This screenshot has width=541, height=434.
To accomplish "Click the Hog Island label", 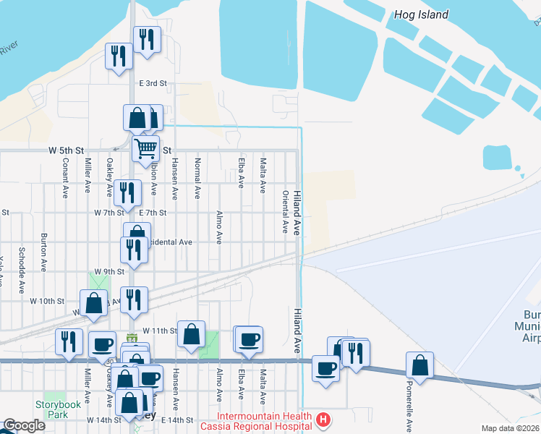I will (x=421, y=14).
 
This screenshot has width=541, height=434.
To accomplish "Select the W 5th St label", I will (x=67, y=150).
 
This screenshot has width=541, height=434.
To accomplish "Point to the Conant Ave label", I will (x=65, y=184).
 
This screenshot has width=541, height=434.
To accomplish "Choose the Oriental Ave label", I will (x=286, y=212).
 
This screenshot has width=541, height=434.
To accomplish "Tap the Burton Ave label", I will (x=44, y=252).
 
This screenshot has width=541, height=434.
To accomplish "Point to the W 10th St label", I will (x=47, y=300).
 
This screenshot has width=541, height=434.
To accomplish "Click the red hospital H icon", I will (x=324, y=419).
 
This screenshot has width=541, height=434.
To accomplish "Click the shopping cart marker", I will (x=146, y=149).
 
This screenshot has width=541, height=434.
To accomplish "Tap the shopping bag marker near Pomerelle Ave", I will (x=419, y=365).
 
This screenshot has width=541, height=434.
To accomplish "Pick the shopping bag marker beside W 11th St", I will (x=190, y=334).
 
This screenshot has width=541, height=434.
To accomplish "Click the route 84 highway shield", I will (x=131, y=339).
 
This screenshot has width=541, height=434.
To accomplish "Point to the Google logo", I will (x=24, y=425).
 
